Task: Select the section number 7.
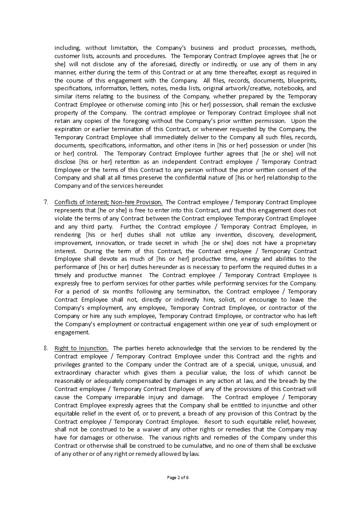coord(46,202)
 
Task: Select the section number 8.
coord(46,348)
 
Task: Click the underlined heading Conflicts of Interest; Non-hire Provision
coord(108,202)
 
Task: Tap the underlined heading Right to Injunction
coord(81,348)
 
